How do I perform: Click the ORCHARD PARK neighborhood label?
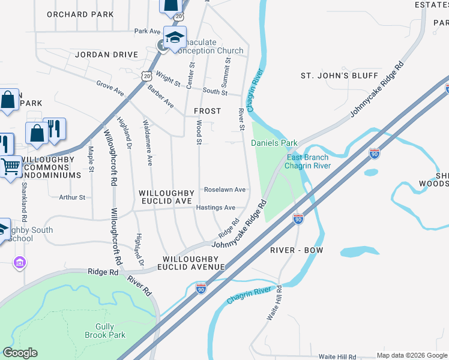(x=80, y=14)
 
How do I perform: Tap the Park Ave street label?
(x=147, y=31)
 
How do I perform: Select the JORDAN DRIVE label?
(x=107, y=55)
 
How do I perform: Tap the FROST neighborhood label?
(x=207, y=112)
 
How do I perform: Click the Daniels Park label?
(x=274, y=143)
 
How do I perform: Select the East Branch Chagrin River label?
(x=307, y=161)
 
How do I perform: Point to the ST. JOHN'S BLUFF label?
(x=339, y=76)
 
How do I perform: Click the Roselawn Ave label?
(x=224, y=190)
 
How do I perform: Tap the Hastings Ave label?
(x=216, y=208)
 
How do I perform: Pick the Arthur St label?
(x=72, y=197)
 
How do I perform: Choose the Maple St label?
(x=91, y=159)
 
